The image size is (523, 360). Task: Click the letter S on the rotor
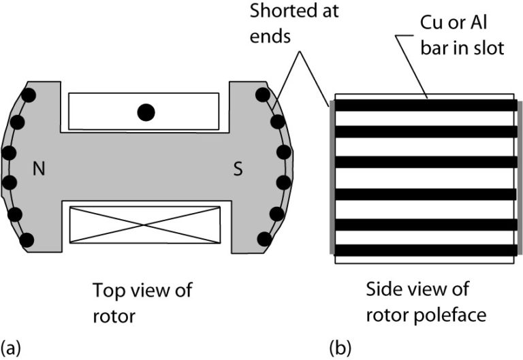coord(238,169)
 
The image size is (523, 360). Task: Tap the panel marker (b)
coord(340,348)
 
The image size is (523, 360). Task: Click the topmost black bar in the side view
coord(425,105)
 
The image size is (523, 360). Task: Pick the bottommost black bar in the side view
coord(425,250)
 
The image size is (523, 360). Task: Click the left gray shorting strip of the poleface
coord(332,178)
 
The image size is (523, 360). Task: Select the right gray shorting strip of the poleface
coord(520,178)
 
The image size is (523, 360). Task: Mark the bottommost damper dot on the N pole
coord(28,240)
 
